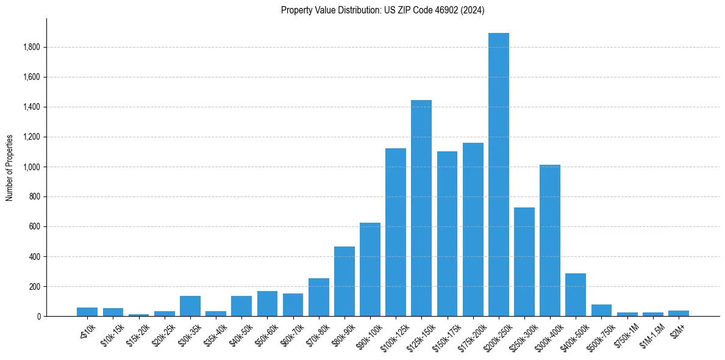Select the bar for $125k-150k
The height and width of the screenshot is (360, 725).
[x=421, y=208]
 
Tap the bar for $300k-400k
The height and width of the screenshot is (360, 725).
[x=550, y=240]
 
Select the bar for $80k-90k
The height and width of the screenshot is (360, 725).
[x=345, y=281]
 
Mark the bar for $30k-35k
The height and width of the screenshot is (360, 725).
[x=190, y=306]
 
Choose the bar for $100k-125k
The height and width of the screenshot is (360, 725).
[x=396, y=232]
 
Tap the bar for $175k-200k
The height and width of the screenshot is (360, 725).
[x=473, y=229]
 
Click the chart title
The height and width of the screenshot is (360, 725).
[x=382, y=10]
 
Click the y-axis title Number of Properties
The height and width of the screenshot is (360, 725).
[x=10, y=167]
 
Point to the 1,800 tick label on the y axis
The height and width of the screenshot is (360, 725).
[x=32, y=47]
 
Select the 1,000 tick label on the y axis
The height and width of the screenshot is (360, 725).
[x=32, y=167]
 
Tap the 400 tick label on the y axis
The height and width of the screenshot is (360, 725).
[x=35, y=256]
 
